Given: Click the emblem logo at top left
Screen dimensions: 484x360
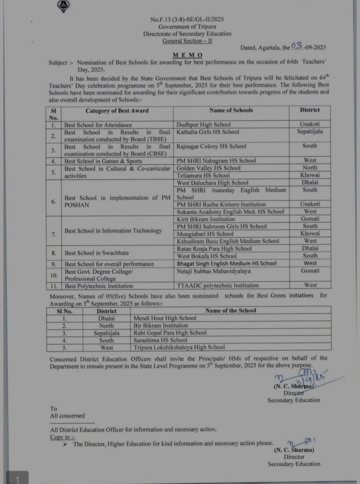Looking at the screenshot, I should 62,6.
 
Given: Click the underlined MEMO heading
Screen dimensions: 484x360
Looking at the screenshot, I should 188,55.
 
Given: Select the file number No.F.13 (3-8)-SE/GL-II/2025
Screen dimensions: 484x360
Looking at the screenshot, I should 188,19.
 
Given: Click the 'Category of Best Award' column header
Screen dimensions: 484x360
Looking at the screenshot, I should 117,111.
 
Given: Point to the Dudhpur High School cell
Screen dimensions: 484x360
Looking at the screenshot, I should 204,125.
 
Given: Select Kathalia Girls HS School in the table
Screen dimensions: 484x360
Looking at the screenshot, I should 207,132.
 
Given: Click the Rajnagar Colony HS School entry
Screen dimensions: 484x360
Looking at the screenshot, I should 211,147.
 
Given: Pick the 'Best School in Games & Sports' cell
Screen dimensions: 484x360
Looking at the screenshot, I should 103,161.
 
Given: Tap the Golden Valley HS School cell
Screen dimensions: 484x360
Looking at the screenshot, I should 208,168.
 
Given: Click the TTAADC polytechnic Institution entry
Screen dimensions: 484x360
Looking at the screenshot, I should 217,285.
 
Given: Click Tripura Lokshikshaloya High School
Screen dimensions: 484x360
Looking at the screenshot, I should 179,347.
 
